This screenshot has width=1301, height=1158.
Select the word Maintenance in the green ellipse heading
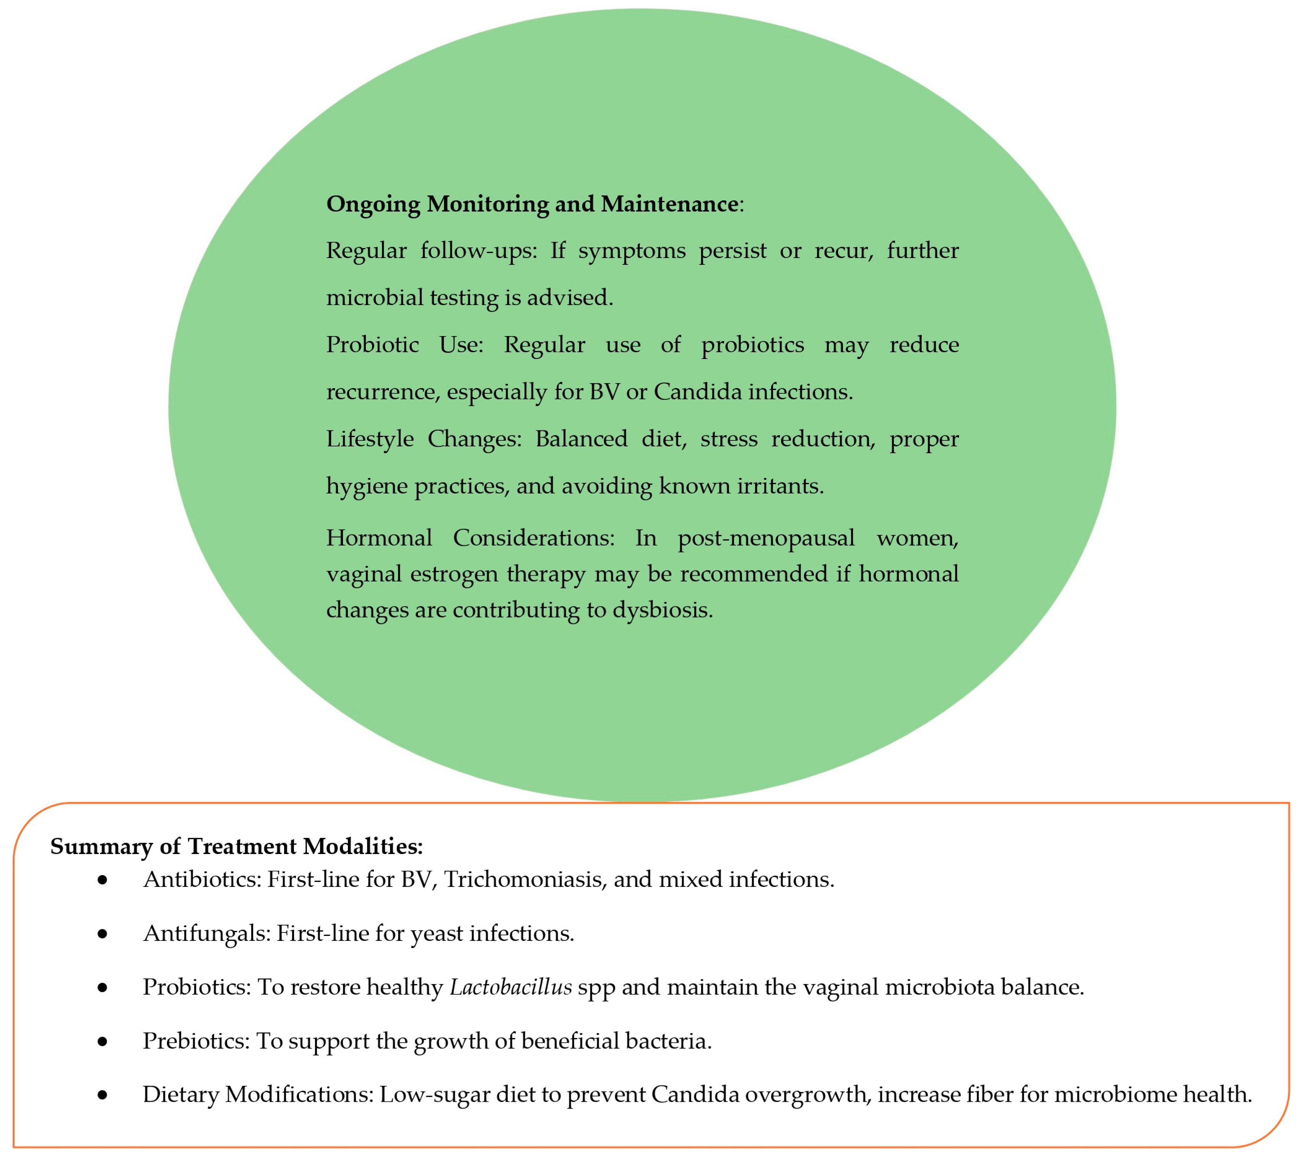point(669,205)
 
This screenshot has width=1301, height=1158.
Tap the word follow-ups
point(478,251)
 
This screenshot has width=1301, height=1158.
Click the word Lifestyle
point(369,439)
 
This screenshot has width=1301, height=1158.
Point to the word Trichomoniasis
point(525,880)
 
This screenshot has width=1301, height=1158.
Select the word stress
point(729,439)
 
